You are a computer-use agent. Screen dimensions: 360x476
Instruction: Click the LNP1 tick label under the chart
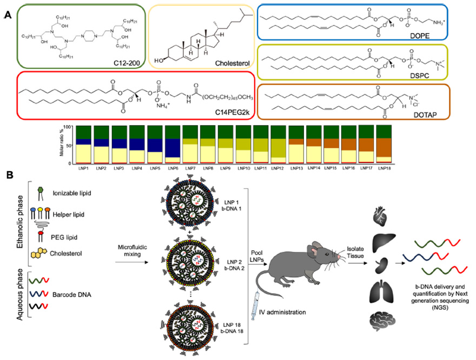(83, 168)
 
